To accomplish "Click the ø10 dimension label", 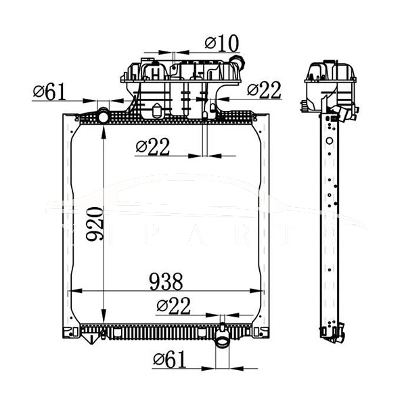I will point(221,43).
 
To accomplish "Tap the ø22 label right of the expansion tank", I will point(264,89).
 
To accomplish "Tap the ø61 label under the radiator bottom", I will point(169,360).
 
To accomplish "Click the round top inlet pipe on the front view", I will point(103,116).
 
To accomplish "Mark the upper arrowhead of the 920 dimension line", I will point(102,131).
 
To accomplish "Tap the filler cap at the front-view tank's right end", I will point(235,67).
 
